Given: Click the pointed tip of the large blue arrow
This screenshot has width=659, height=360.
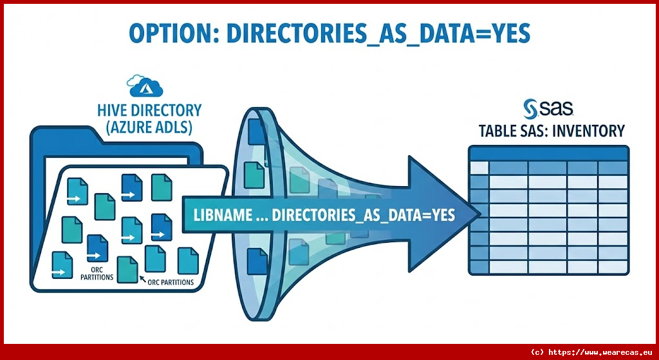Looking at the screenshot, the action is pyautogui.click(x=480, y=214).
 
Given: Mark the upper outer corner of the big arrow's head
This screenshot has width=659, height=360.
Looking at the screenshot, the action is pyautogui.click(x=409, y=156).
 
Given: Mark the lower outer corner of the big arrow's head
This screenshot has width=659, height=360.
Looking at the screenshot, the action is pyautogui.click(x=409, y=272).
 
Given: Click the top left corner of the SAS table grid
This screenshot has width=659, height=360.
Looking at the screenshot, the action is pyautogui.click(x=469, y=146).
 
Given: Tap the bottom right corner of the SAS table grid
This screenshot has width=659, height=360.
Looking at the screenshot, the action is pyautogui.click(x=629, y=274).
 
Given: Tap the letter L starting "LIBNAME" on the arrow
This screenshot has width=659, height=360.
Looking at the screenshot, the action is pyautogui.click(x=197, y=215).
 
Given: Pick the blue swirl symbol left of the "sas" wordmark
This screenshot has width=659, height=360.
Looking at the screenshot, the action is pyautogui.click(x=530, y=109).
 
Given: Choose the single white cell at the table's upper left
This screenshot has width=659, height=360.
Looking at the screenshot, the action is pyautogui.click(x=479, y=167).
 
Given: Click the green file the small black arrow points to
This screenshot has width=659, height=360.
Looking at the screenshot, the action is pyautogui.click(x=127, y=270).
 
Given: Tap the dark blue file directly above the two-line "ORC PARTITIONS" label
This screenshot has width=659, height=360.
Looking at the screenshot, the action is pyautogui.click(x=98, y=249).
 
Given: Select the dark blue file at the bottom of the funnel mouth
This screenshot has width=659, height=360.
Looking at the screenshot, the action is pyautogui.click(x=257, y=261).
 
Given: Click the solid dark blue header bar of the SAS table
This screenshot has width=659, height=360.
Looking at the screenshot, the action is pyautogui.click(x=548, y=153).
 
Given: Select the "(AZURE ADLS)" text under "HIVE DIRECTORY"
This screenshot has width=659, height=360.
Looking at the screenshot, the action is pyautogui.click(x=149, y=127).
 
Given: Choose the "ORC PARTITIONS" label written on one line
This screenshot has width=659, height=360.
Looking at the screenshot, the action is pyautogui.click(x=171, y=282).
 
